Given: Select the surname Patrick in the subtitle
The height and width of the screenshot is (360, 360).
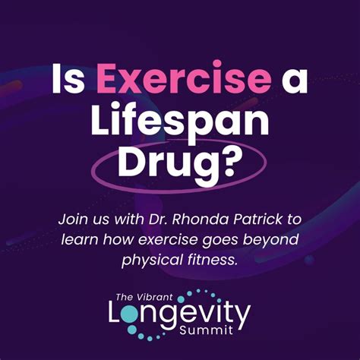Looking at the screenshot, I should tap(266, 219).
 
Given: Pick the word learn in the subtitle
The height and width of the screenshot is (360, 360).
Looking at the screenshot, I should tap(84, 240).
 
